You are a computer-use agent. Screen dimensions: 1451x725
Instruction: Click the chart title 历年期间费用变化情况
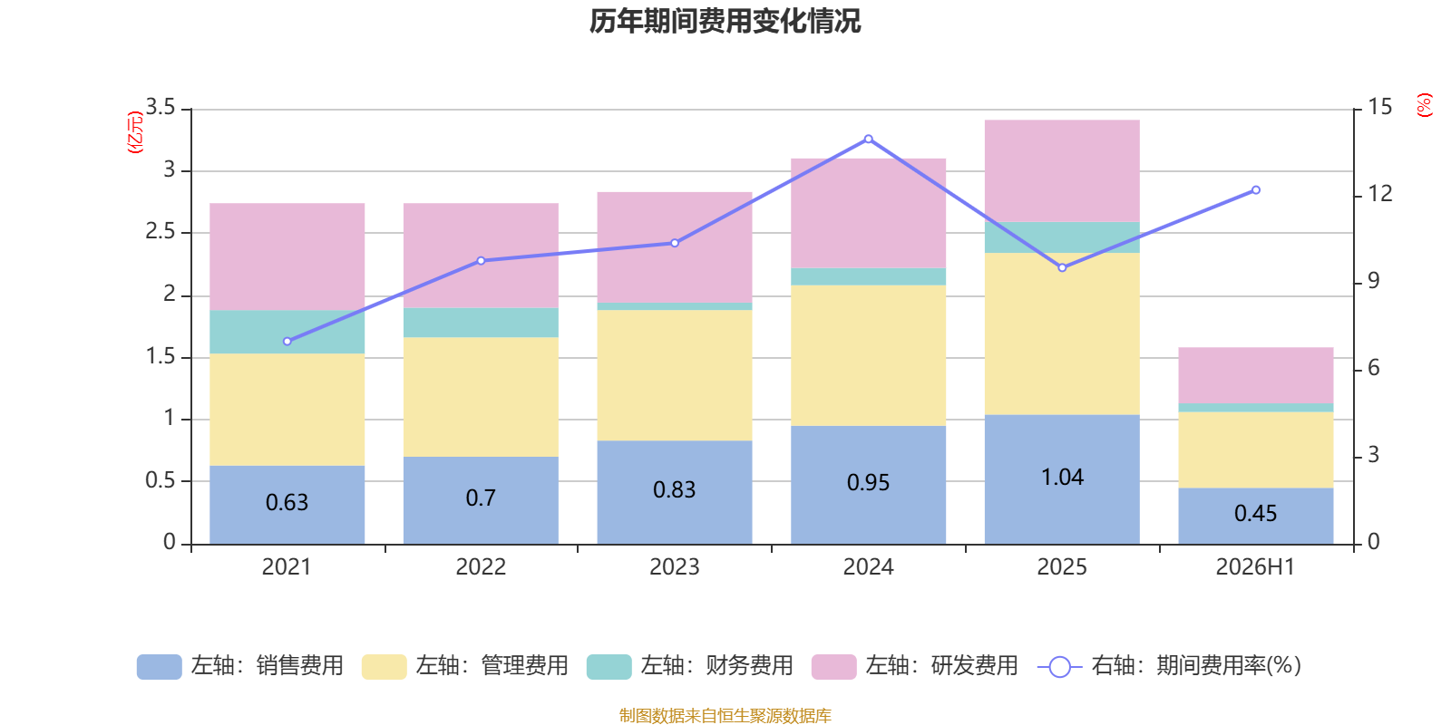click(x=725, y=22)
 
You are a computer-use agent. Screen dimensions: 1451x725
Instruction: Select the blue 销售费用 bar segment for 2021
click(x=287, y=505)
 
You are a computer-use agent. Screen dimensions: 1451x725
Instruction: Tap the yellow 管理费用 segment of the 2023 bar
click(x=675, y=375)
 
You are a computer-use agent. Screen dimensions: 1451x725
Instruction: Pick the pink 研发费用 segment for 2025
click(x=1062, y=171)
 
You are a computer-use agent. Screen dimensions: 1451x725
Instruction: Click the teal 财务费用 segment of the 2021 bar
click(x=287, y=332)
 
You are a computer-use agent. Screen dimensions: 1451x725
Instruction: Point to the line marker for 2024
click(x=869, y=140)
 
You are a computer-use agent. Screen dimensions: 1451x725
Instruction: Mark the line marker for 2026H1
click(x=1256, y=190)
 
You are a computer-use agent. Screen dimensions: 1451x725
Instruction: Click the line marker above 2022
click(x=481, y=261)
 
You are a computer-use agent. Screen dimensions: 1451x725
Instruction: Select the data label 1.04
click(x=1062, y=477)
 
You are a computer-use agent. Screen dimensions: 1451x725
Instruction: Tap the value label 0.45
click(x=1255, y=513)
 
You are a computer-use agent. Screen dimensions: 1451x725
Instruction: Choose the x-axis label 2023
click(x=675, y=567)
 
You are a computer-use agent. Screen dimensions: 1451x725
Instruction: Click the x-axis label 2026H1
click(x=1255, y=567)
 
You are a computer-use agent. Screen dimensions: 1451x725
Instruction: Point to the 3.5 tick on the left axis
click(x=161, y=107)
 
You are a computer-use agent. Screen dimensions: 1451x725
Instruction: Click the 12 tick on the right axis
click(x=1379, y=194)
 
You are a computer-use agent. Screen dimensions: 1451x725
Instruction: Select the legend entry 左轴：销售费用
click(x=240, y=666)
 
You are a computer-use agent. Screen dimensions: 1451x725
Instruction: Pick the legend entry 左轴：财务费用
click(x=690, y=666)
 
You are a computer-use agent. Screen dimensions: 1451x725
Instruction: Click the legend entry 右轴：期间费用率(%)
click(x=1169, y=666)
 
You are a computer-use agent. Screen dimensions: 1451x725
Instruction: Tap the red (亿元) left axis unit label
click(x=135, y=132)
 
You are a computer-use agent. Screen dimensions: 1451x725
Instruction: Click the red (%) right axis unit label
click(x=1424, y=105)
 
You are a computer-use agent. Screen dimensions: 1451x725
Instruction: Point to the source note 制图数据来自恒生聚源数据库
click(x=725, y=715)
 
